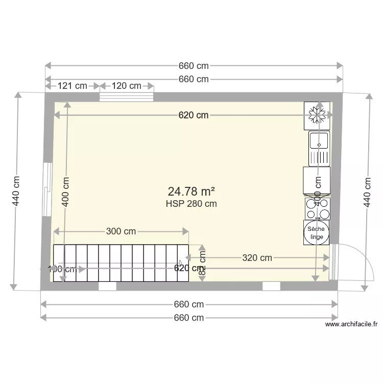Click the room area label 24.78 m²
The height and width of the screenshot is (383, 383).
pyautogui.click(x=191, y=192)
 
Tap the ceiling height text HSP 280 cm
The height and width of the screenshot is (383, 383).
pyautogui.click(x=191, y=203)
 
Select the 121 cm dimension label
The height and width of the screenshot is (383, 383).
pyautogui.click(x=72, y=86)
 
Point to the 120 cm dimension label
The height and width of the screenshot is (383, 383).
pyautogui.click(x=127, y=86)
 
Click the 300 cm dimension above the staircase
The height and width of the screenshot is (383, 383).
pyautogui.click(x=121, y=231)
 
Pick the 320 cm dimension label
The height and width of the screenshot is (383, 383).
pyautogui.click(x=257, y=258)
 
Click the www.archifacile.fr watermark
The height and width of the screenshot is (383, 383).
pyautogui.click(x=351, y=324)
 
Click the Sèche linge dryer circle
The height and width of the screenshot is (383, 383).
pyautogui.click(x=317, y=233)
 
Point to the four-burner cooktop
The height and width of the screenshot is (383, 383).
pyautogui.click(x=317, y=208)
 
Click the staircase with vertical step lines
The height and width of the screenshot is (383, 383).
pyautogui.click(x=121, y=263)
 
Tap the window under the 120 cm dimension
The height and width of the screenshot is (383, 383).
pyautogui.click(x=127, y=97)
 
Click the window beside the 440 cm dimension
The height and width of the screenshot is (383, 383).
pyautogui.click(x=47, y=189)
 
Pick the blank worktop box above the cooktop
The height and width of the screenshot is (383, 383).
pyautogui.click(x=317, y=181)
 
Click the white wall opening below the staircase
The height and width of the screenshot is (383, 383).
pyautogui.click(x=107, y=286)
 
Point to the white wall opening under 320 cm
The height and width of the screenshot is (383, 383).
pyautogui.click(x=271, y=286)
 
